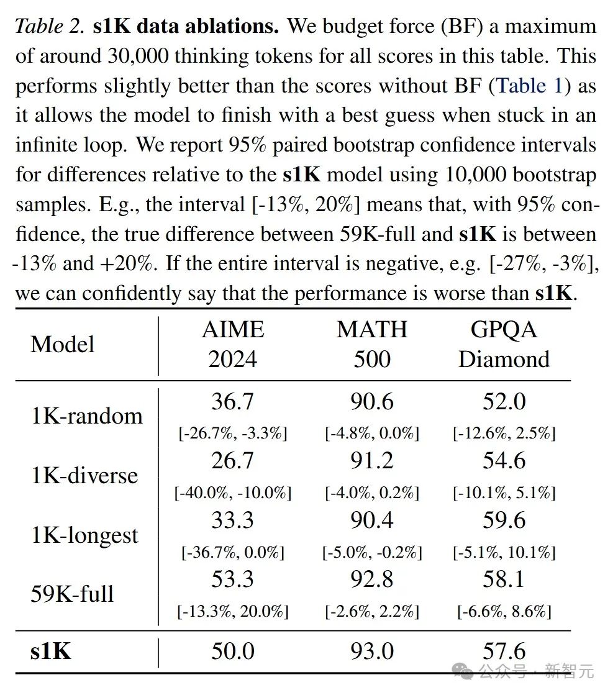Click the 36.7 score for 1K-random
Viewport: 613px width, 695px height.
pos(232,402)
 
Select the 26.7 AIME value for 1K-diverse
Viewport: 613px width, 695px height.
pos(232,461)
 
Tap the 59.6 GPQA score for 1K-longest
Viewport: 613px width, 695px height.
pos(504,520)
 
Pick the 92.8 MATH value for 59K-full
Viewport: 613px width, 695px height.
pos(371,579)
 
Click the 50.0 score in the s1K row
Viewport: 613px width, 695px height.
pos(232,651)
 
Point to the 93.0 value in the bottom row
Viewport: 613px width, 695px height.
pos(371,651)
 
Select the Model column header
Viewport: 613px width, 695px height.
pos(62,344)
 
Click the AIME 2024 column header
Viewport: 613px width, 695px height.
pos(233,344)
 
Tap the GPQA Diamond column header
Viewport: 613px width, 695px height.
pos(504,344)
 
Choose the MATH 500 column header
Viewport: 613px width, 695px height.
pos(372,344)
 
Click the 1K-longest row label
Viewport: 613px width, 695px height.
pos(84,535)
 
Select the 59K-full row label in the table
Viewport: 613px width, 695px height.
pos(72,594)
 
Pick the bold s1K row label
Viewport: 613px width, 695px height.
pos(51,651)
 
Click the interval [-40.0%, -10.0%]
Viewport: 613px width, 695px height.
pos(233,493)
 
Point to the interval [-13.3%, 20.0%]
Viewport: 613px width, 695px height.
pos(233,612)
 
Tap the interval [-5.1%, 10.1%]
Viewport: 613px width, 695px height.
pos(504,552)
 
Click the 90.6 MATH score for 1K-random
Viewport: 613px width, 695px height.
pos(371,402)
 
